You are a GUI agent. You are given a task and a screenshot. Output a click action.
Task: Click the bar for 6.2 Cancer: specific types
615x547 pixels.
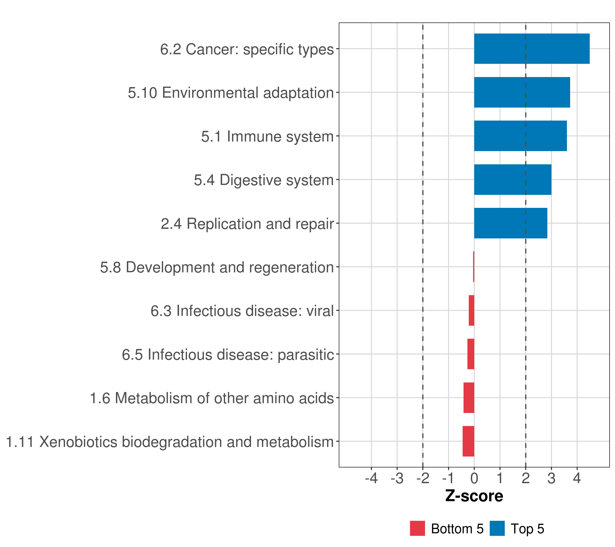tap(532, 49)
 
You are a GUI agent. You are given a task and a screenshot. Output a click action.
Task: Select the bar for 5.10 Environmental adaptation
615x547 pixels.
tap(522, 93)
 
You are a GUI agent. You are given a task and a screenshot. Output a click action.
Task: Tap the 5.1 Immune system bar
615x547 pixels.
tap(520, 136)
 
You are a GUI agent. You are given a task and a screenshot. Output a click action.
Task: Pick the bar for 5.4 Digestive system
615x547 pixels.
tap(512, 180)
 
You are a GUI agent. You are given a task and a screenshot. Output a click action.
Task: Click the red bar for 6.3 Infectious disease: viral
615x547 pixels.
tap(471, 310)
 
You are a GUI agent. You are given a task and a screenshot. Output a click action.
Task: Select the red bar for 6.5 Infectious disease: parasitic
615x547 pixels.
tap(471, 354)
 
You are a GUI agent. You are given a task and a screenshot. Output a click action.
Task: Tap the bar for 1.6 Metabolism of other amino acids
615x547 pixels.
tap(469, 398)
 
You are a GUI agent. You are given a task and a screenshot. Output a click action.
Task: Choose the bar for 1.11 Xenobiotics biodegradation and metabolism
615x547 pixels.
tap(468, 441)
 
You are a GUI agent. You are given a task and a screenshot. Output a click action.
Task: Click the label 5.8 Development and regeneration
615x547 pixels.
tap(217, 267)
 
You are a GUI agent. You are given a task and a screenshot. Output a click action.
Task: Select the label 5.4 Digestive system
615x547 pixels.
tap(264, 180)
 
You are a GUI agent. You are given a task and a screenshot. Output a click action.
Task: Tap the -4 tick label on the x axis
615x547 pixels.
tap(371, 478)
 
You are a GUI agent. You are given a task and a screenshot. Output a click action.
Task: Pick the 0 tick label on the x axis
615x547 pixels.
tap(474, 478)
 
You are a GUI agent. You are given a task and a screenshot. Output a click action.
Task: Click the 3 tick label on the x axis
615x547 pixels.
tap(551, 478)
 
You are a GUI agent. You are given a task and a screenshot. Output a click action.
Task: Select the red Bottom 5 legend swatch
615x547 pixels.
tap(417, 528)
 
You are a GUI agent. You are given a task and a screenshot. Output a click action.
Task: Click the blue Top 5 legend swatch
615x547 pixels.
tap(497, 528)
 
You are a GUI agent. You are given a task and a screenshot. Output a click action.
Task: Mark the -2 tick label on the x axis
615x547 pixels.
tap(423, 478)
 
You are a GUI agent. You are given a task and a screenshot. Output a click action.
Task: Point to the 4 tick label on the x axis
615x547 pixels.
tap(577, 478)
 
